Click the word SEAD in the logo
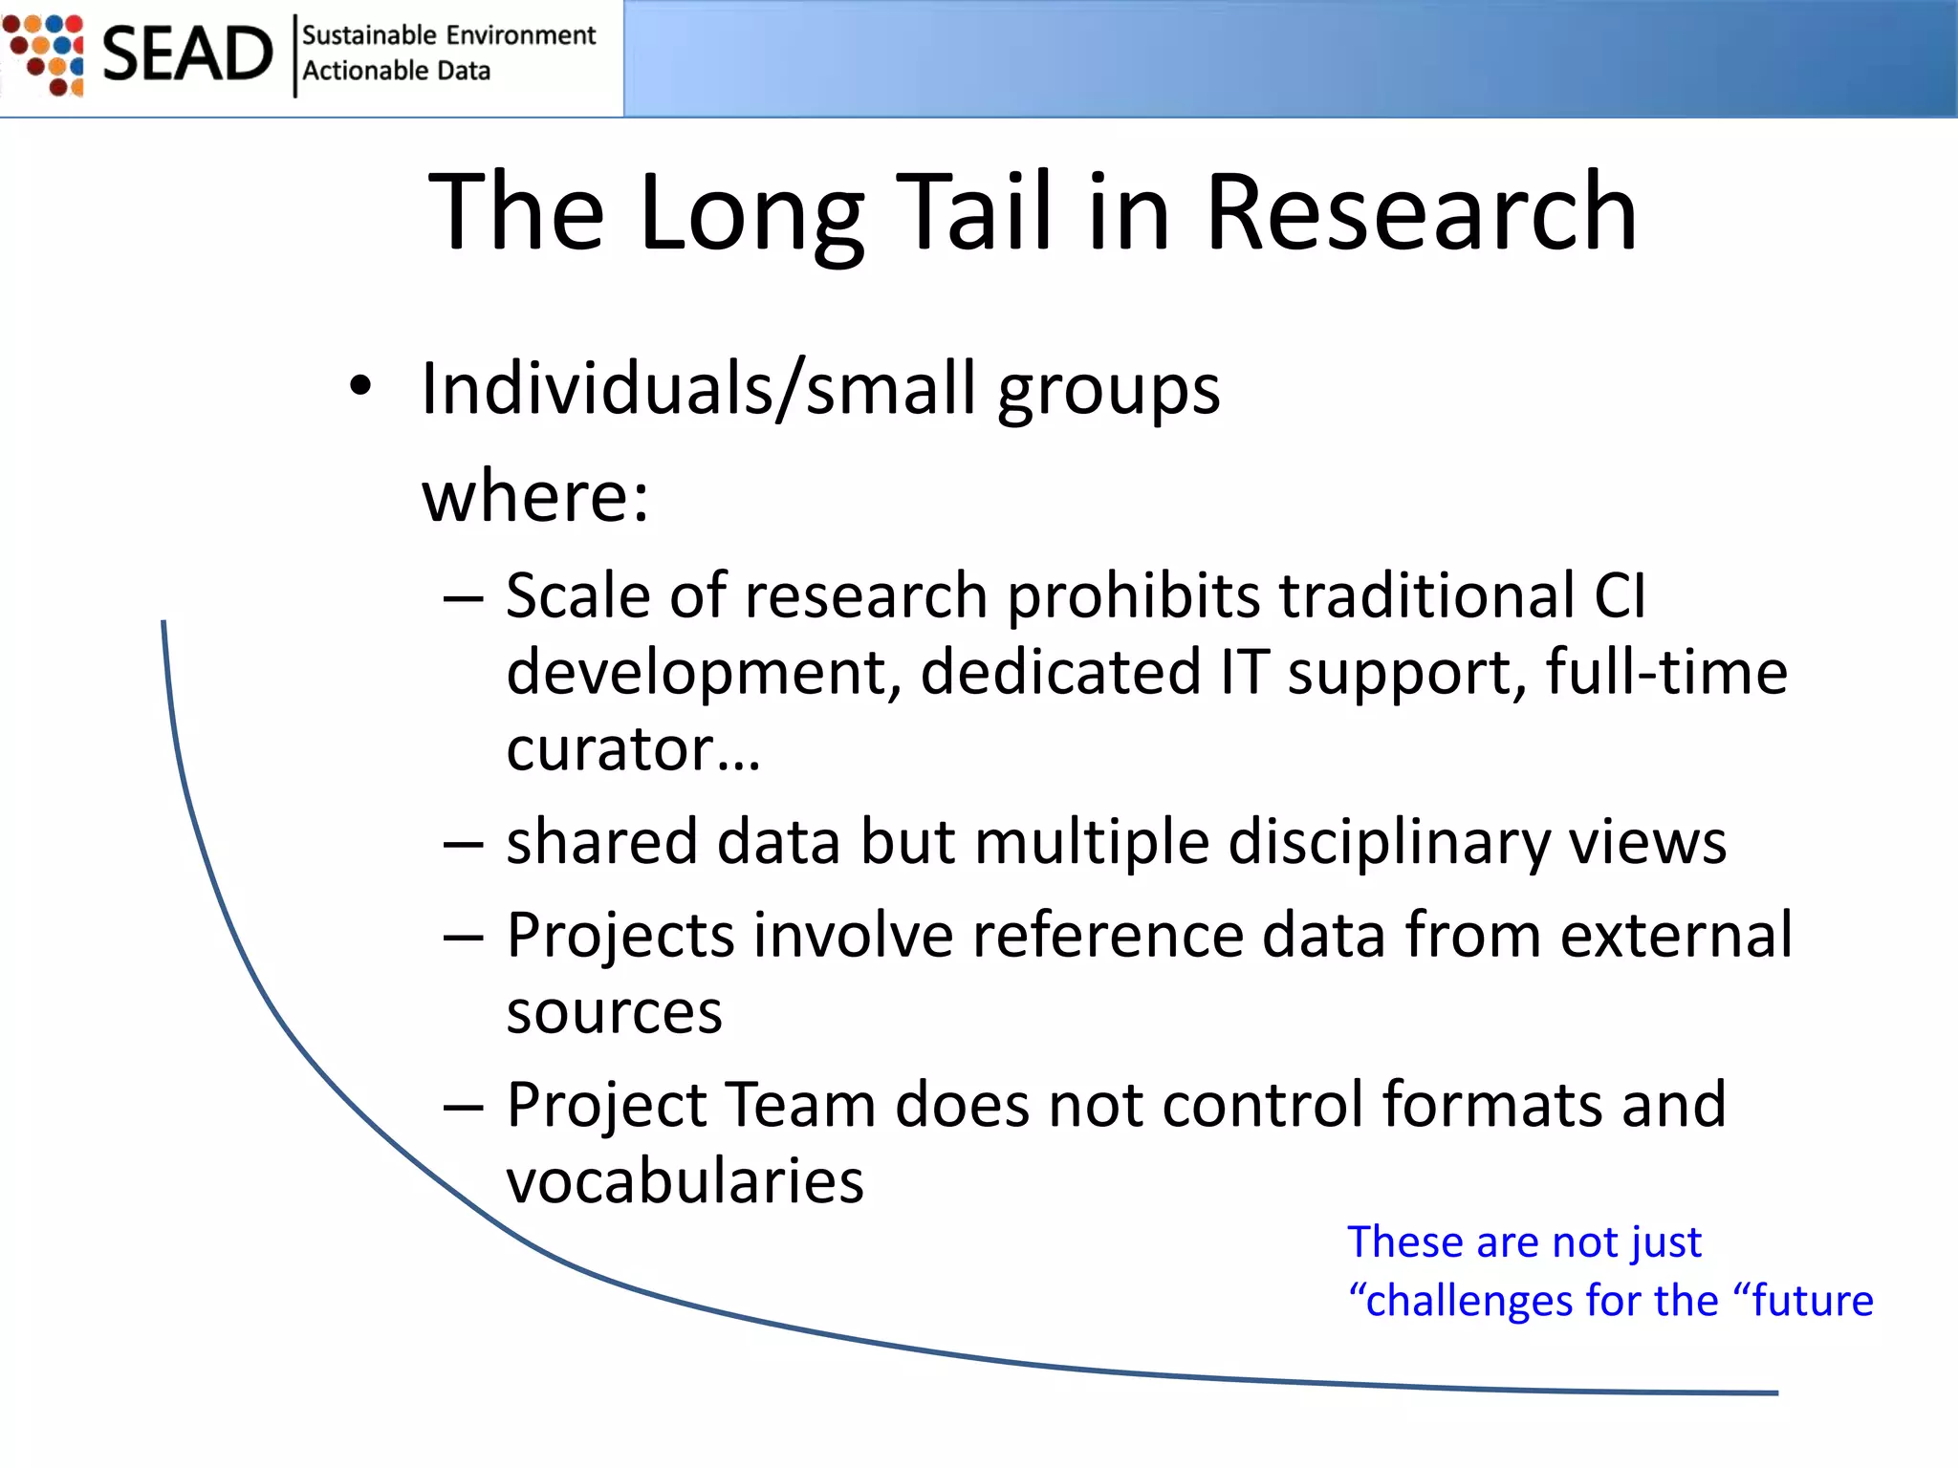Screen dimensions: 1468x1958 [x=187, y=54]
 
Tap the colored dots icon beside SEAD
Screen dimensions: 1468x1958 [x=45, y=54]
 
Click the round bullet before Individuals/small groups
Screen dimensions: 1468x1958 [x=359, y=387]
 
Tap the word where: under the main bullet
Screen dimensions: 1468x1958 [x=535, y=497]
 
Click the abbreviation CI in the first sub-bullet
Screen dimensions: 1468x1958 [x=1620, y=596]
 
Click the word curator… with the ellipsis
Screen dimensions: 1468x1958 [x=633, y=748]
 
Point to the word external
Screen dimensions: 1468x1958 [x=1676, y=935]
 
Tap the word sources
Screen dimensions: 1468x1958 [x=614, y=1012]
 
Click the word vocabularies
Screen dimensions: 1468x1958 [x=685, y=1181]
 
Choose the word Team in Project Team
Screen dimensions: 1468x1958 [x=800, y=1106]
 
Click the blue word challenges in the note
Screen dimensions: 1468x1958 [x=1467, y=1302]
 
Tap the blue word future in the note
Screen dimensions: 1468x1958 [x=1811, y=1302]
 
